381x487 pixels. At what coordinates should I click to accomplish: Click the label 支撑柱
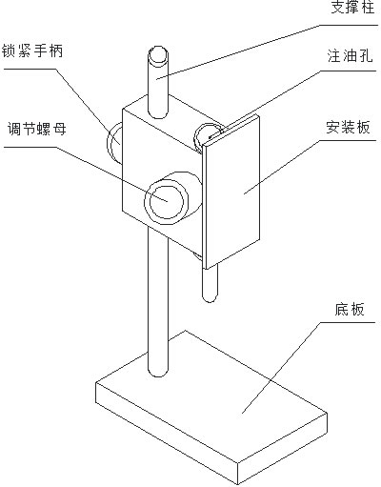[x=351, y=7]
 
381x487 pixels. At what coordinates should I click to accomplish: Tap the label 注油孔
[x=350, y=56]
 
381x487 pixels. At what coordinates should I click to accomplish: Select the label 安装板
[x=348, y=127]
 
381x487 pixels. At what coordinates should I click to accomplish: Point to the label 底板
[x=350, y=309]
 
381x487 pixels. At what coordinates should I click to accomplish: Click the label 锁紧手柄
[x=32, y=51]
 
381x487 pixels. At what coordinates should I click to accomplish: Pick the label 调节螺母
[x=37, y=129]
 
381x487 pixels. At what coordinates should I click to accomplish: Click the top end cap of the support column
[x=158, y=54]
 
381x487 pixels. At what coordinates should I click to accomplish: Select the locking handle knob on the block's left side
[x=114, y=143]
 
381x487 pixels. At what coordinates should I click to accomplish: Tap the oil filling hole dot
[x=211, y=137]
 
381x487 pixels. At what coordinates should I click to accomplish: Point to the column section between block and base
[x=158, y=298]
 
